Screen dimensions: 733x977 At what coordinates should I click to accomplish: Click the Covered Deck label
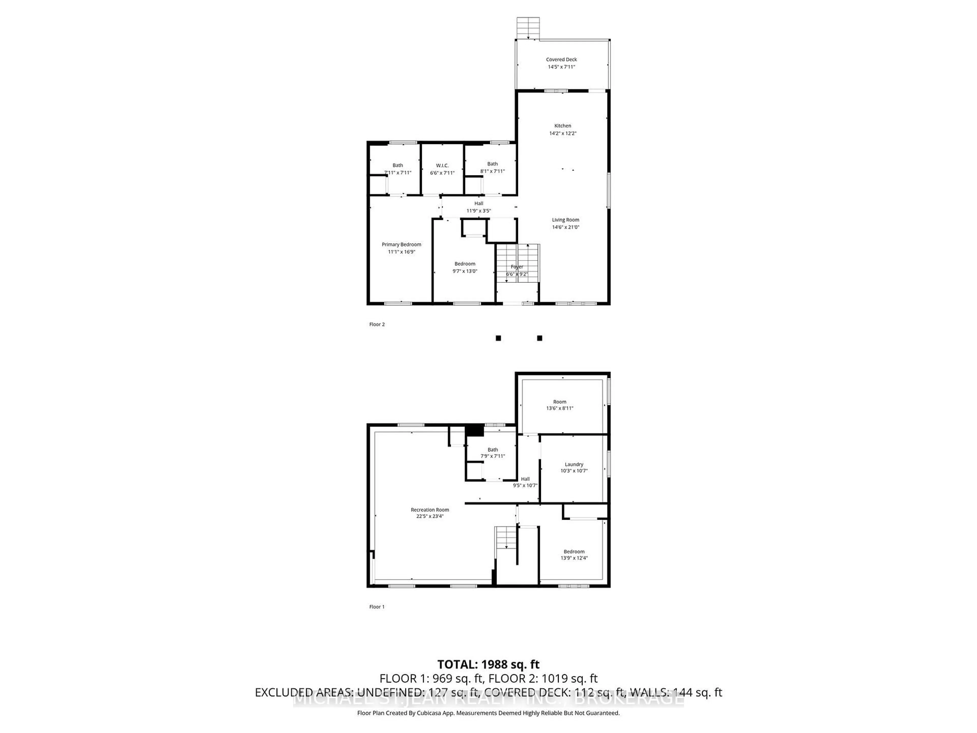(561, 60)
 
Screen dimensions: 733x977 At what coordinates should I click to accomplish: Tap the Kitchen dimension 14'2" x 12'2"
(563, 133)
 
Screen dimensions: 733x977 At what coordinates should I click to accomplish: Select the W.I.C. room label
(442, 166)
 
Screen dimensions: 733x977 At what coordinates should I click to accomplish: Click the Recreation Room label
(430, 510)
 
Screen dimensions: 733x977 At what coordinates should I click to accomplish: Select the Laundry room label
(574, 464)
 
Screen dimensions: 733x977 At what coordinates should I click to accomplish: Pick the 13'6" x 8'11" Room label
(559, 405)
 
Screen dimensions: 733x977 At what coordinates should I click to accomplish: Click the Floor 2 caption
(377, 324)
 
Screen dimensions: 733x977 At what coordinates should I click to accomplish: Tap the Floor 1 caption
(377, 607)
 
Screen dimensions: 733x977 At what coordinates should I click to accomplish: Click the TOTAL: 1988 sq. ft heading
(488, 665)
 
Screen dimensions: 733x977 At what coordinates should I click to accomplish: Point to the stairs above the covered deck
(528, 27)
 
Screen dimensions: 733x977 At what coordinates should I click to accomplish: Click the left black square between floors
(498, 338)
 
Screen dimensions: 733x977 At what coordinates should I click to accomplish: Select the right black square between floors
(539, 338)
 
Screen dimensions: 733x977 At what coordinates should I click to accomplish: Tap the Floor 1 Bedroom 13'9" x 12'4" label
(574, 555)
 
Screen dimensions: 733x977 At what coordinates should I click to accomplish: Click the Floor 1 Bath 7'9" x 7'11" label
(493, 453)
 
